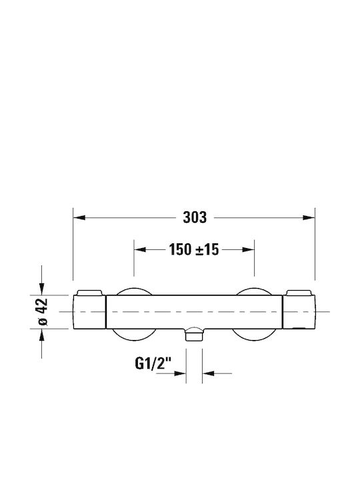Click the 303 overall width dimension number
(195, 217)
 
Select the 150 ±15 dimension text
(194, 249)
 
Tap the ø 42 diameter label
(43, 311)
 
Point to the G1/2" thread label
(153, 363)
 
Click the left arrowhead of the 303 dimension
(79, 217)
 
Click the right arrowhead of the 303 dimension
(309, 217)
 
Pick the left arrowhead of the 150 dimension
(140, 249)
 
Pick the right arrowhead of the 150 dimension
(248, 249)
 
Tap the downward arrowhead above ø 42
(41, 289)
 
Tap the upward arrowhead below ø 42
(41, 335)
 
